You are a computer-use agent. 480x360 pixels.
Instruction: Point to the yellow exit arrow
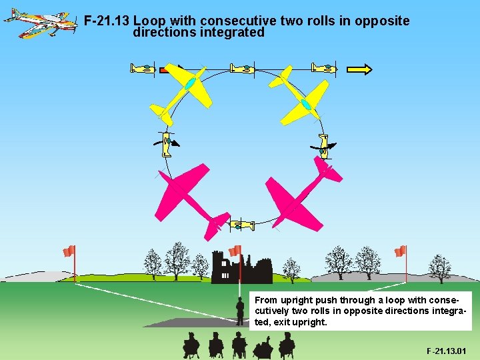pyautogui.click(x=360, y=68)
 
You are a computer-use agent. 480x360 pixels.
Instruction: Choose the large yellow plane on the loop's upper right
pyautogui.click(x=303, y=95)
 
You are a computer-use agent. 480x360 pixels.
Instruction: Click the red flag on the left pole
pyautogui.click(x=69, y=251)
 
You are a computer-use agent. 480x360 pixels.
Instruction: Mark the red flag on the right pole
pyautogui.click(x=400, y=251)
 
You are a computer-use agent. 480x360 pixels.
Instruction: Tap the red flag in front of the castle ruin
pyautogui.click(x=235, y=251)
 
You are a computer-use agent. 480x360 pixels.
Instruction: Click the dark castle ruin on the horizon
pyautogui.click(x=243, y=269)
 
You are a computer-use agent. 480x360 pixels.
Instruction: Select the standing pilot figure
pyautogui.click(x=240, y=311)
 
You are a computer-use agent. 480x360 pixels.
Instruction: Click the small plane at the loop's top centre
pyautogui.click(x=241, y=68)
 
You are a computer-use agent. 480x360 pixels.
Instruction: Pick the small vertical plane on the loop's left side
pyautogui.click(x=166, y=143)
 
